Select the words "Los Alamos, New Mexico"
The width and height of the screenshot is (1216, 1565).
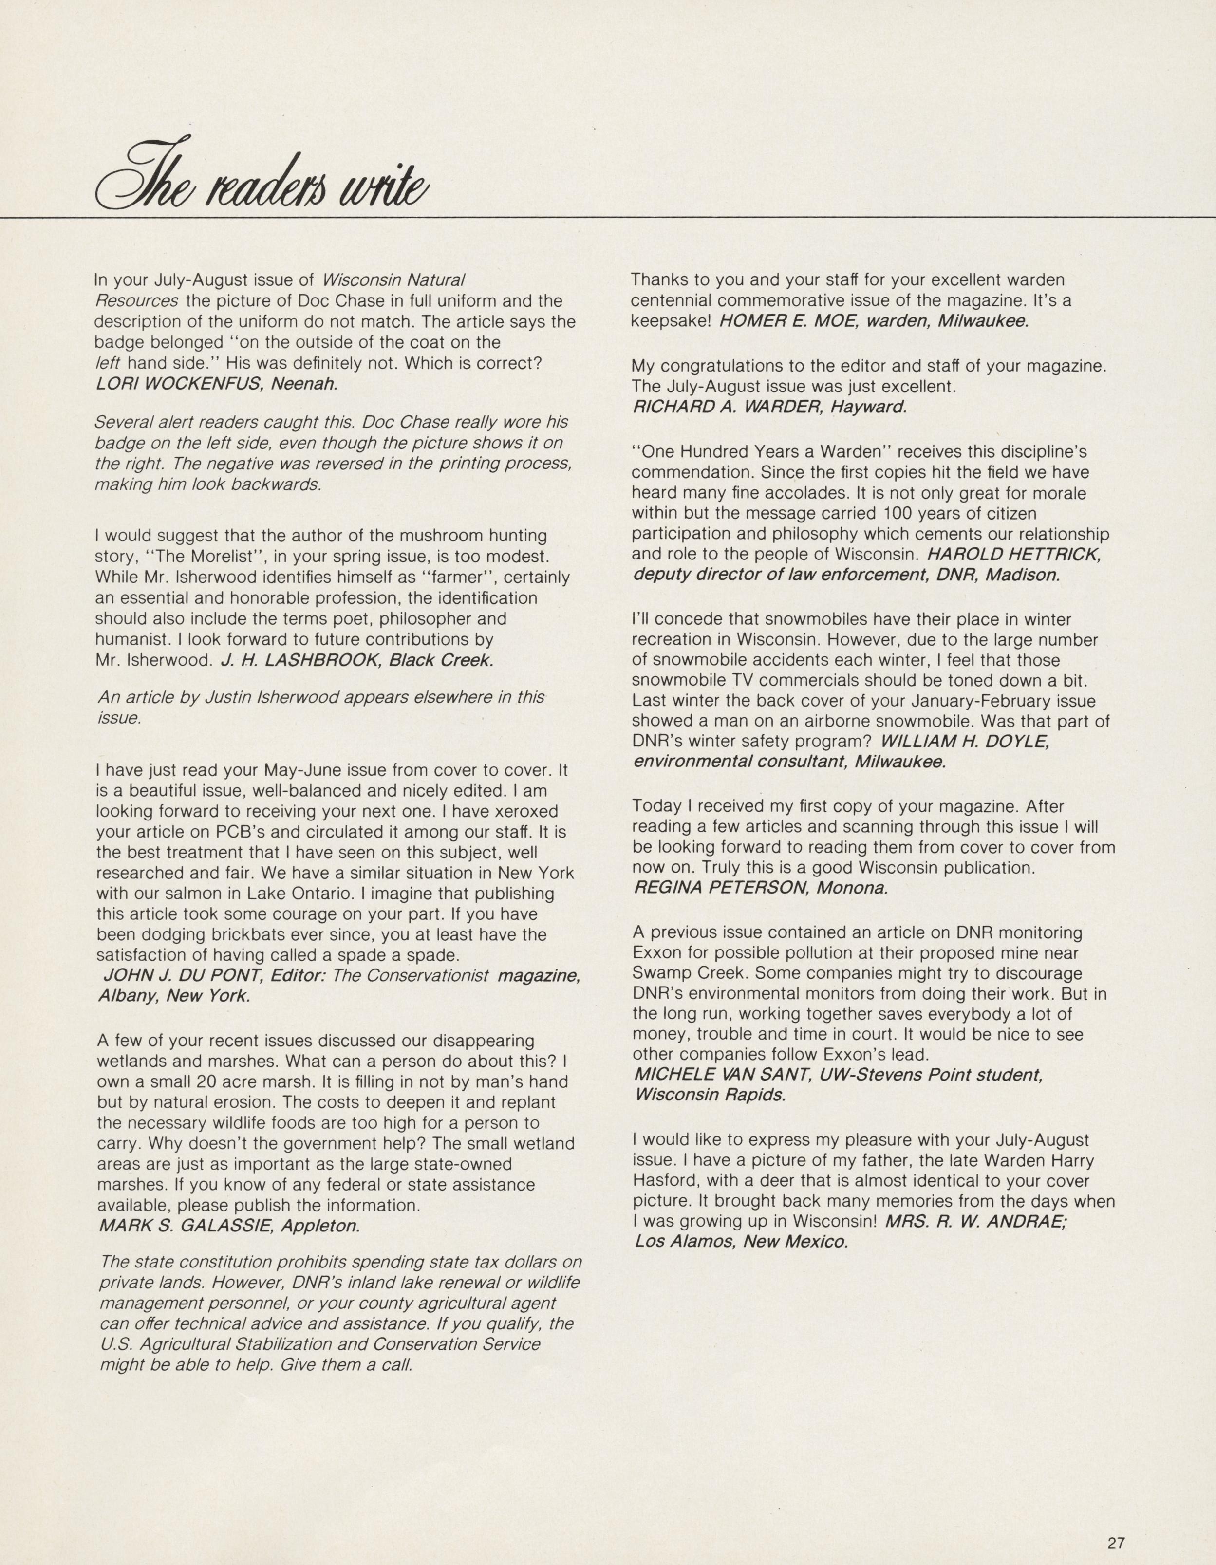click(741, 1242)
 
